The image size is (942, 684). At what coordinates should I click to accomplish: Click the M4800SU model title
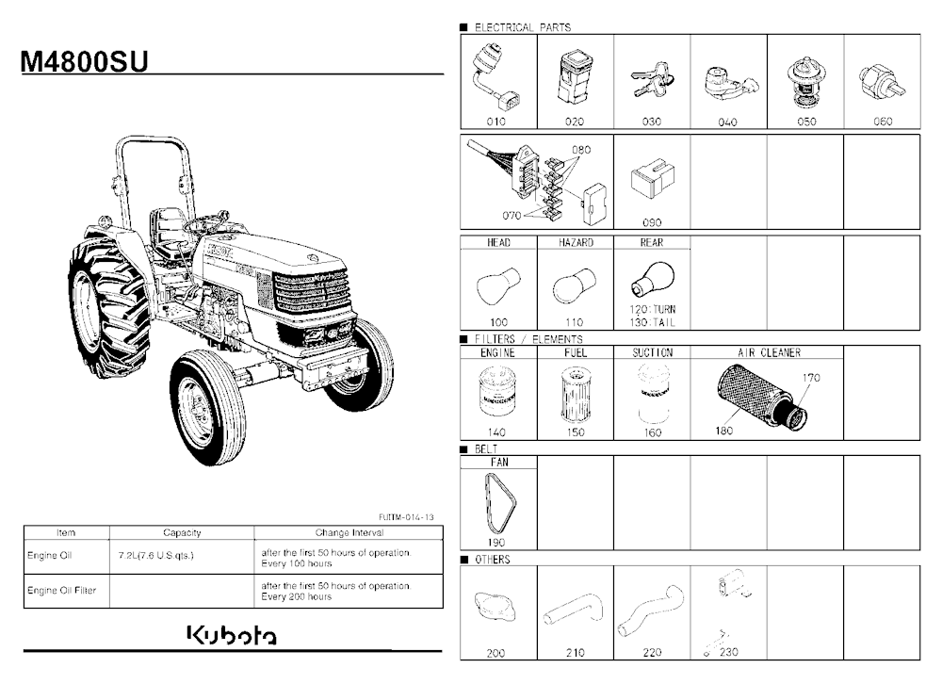pos(84,62)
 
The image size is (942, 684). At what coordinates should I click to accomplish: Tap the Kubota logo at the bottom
pos(233,635)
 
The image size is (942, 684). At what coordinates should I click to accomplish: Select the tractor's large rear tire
pos(108,308)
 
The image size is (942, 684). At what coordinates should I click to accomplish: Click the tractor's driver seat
pos(169,232)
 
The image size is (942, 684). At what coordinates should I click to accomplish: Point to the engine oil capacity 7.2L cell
pos(156,555)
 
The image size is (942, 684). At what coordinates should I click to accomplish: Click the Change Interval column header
pos(349,532)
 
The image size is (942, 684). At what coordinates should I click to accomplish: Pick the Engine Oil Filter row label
pos(61,590)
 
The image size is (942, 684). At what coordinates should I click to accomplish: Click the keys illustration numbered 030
pos(653,80)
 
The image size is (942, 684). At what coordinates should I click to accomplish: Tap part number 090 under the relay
pos(652,222)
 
